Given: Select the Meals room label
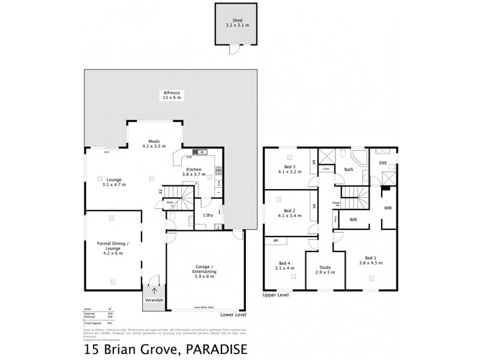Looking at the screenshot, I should pyautogui.click(x=154, y=144).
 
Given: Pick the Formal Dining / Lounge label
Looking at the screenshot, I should pyautogui.click(x=113, y=247).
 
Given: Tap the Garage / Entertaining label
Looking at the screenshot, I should pyautogui.click(x=205, y=271).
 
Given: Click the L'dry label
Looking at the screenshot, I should pyautogui.click(x=208, y=215).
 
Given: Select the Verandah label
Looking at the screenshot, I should pyautogui.click(x=154, y=300).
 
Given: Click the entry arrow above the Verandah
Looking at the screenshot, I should pyautogui.click(x=154, y=291).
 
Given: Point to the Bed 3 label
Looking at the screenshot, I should pyautogui.click(x=291, y=169).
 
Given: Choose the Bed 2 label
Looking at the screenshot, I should pyautogui.click(x=290, y=214).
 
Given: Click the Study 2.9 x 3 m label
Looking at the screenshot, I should pyautogui.click(x=324, y=269).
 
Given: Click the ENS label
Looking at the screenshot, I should pyautogui.click(x=383, y=162).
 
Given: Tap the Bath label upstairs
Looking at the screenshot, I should pyautogui.click(x=349, y=169).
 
